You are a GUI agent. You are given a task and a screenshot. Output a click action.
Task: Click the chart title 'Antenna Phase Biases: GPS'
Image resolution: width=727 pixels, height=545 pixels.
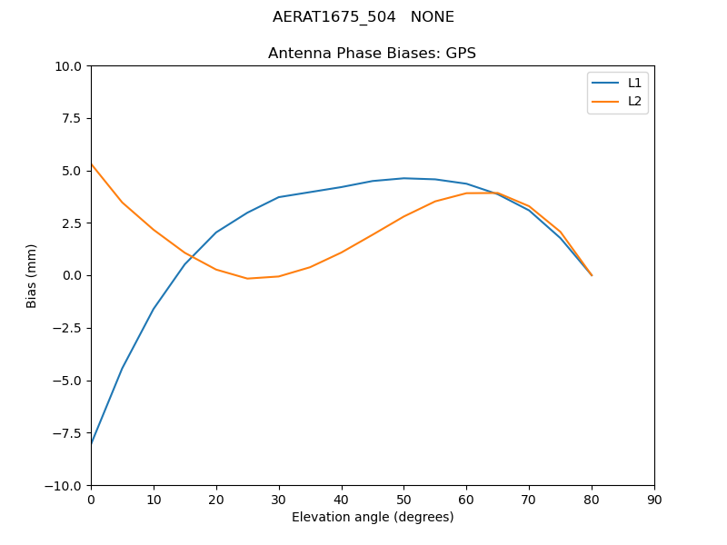coord(372,54)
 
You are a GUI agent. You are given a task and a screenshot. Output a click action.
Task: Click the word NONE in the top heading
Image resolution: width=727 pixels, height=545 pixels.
coord(432,17)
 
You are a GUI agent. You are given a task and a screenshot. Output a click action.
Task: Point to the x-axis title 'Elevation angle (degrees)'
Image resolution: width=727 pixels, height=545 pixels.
coord(373,518)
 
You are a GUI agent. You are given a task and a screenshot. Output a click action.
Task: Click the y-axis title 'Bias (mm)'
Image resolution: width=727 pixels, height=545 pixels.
coord(32,275)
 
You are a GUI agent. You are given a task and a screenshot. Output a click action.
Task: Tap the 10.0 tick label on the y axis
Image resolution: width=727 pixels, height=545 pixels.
coord(67,66)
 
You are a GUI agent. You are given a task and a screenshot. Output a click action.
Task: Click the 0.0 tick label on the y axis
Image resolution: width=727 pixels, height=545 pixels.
coord(71,275)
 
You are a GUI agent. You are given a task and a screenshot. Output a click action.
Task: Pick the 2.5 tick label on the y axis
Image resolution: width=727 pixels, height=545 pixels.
coord(71,223)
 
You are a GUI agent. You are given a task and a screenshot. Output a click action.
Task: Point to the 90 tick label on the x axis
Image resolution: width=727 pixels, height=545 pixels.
coord(654,500)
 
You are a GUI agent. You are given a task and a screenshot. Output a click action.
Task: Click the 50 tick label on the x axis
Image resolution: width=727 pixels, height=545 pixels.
coord(403,500)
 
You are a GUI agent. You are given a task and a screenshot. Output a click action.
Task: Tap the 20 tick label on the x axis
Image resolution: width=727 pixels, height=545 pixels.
coord(216,500)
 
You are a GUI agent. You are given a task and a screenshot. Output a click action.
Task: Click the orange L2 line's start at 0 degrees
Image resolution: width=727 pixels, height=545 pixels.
coord(92,164)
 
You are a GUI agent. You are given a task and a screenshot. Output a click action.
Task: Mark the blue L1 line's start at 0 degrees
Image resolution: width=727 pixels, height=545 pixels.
coord(92,444)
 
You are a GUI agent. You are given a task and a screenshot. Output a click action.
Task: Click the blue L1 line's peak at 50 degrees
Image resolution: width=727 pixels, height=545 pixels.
coord(403,178)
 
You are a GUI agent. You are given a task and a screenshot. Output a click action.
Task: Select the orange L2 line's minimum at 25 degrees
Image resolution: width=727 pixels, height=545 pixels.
coord(247,278)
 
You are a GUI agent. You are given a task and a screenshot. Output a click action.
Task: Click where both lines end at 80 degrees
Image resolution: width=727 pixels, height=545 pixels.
coord(592,275)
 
